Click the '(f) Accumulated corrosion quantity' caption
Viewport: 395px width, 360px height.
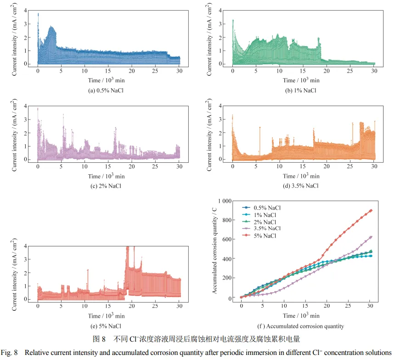(300, 326)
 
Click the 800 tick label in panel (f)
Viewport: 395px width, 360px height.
(228, 220)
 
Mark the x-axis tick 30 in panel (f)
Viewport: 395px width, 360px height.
(370, 305)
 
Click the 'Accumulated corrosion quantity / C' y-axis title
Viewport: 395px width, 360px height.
(214, 250)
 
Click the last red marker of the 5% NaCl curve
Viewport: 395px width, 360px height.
(371, 211)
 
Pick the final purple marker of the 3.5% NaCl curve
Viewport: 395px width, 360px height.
(371, 237)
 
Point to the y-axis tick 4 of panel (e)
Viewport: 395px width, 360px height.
(30, 246)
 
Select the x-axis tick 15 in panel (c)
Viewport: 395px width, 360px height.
(108, 166)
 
